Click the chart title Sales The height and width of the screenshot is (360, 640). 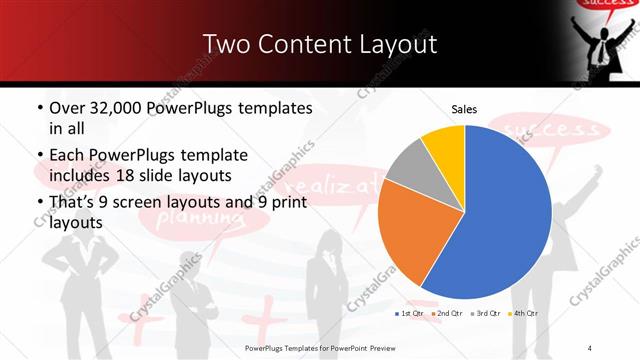click(x=464, y=109)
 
